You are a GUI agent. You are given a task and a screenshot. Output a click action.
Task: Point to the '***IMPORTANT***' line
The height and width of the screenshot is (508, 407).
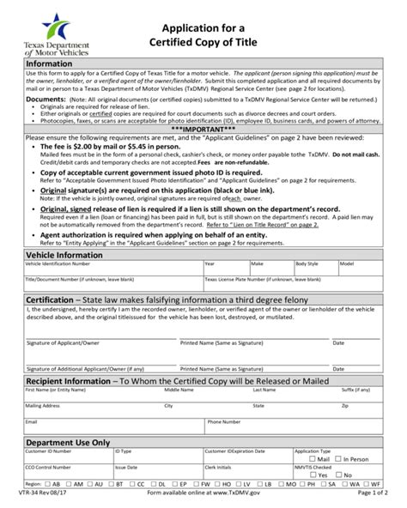click(203, 129)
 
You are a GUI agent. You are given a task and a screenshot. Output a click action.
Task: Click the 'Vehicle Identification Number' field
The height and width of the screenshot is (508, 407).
click(103, 270)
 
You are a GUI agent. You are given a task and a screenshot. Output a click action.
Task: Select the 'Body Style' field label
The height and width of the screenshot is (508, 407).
click(307, 264)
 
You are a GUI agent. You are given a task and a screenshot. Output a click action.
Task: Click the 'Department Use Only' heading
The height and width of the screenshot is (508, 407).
click(69, 442)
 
